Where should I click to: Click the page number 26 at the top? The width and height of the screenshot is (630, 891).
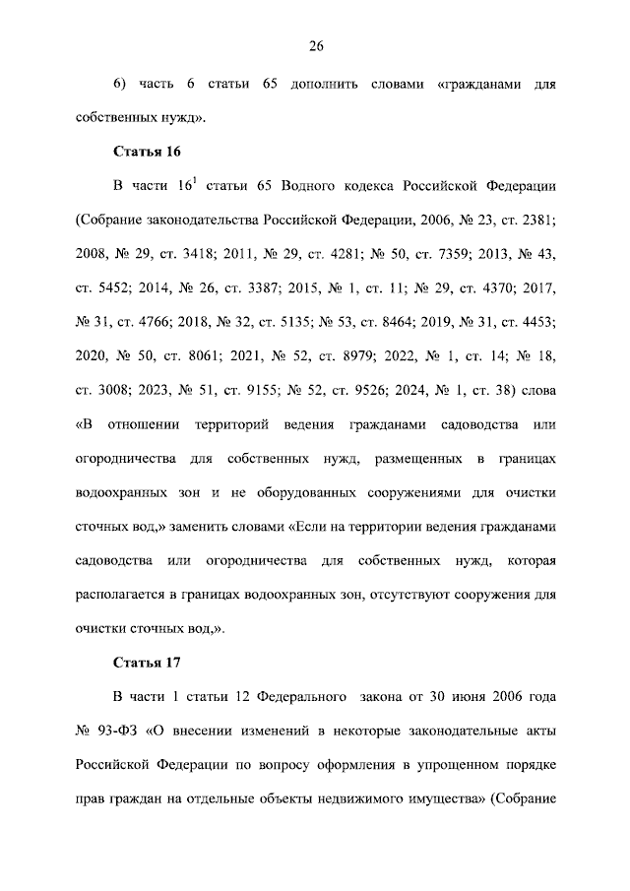pyautogui.click(x=316, y=45)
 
